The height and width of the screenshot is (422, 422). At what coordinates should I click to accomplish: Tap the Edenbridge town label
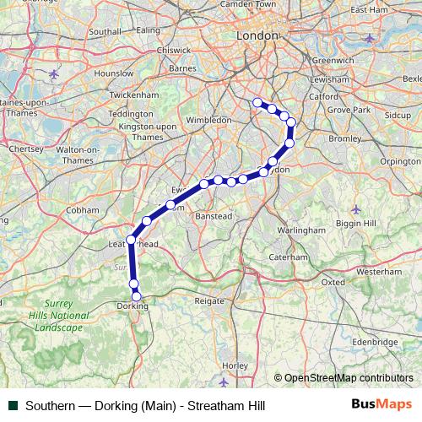coord(375,342)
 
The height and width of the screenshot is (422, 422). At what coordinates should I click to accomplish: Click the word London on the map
coord(257,36)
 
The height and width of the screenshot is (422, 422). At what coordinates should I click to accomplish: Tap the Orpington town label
coord(400,160)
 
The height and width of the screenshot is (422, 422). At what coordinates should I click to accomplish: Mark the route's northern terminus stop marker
coord(257,103)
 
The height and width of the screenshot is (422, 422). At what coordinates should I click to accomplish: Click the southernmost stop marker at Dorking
coord(137,296)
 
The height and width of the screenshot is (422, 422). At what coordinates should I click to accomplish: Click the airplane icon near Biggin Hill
coord(354,208)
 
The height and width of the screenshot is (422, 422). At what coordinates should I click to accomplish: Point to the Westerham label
coord(379,273)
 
